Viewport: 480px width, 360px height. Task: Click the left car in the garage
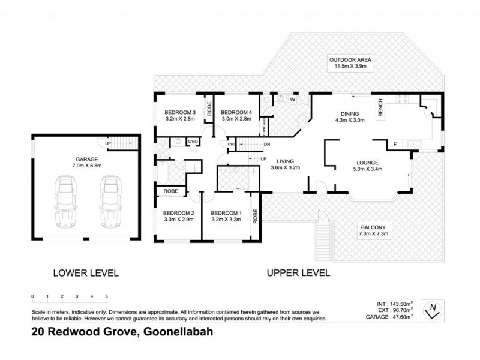point(65,201)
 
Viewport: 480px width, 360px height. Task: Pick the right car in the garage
point(112,201)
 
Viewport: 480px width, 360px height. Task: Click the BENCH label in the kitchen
point(380,108)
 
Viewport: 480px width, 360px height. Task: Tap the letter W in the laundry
point(293,99)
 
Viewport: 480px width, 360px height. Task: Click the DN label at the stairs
point(267,145)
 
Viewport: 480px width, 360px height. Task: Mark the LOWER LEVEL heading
point(86,272)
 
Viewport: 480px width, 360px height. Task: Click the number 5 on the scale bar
point(106,296)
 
